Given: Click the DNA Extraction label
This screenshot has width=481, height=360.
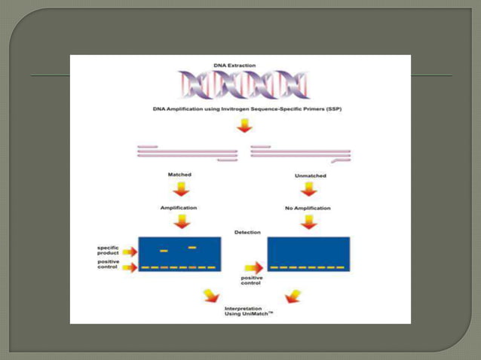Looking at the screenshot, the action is [234, 66].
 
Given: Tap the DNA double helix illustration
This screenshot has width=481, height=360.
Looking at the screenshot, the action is [244, 85].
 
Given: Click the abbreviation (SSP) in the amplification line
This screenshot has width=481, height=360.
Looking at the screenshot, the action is [334, 109].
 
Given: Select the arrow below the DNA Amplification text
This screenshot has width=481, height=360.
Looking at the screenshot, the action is [244, 126].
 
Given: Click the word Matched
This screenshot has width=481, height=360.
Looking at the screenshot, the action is [179, 175].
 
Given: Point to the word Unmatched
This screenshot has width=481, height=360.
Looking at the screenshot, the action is [311, 176].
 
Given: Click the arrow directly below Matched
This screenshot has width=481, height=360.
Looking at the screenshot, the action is [181, 189].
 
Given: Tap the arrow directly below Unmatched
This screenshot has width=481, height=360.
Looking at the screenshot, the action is [308, 189].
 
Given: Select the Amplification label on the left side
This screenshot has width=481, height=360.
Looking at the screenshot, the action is [179, 208].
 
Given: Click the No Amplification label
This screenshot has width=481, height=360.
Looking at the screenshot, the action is [308, 209].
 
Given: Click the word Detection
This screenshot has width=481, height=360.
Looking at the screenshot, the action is [247, 233].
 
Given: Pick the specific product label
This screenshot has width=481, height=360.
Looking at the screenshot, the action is [108, 250].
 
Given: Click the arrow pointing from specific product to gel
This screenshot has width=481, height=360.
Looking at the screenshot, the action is [130, 252].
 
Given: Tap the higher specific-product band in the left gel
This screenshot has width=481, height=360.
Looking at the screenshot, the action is [192, 247].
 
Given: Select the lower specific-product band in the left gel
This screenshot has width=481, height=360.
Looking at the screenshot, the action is [164, 251].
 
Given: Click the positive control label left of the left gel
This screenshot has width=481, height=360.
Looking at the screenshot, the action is [109, 264].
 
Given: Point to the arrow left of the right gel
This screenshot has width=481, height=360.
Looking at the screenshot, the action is [254, 268].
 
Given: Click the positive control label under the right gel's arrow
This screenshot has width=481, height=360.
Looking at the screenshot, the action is [252, 280].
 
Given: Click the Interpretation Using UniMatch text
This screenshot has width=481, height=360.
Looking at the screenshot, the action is [249, 311].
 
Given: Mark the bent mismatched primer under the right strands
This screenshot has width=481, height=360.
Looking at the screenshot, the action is [341, 160].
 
